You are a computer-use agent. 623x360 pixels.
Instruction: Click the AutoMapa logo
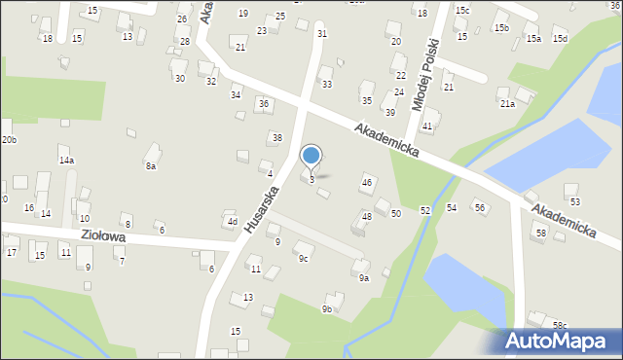(x=559, y=340)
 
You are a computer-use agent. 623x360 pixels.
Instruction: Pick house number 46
(x=367, y=182)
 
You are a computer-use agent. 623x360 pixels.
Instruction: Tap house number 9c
(x=303, y=258)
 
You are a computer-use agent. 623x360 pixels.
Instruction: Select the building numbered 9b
(x=327, y=309)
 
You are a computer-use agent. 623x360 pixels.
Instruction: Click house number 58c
(x=559, y=324)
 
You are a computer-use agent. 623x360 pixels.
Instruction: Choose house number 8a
(x=151, y=166)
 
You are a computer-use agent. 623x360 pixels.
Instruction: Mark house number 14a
(x=66, y=160)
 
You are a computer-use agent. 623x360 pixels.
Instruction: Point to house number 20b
(x=9, y=140)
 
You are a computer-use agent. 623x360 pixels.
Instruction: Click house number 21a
(x=507, y=103)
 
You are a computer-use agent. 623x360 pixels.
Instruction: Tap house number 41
(x=427, y=126)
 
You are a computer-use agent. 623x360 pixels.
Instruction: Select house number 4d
(x=232, y=221)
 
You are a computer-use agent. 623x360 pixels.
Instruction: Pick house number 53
(x=574, y=201)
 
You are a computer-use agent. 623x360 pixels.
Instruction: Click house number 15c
(x=462, y=10)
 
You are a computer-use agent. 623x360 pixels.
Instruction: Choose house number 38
(x=276, y=137)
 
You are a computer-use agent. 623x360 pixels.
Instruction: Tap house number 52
(x=425, y=210)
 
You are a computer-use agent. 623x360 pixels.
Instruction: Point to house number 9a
(x=363, y=278)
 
